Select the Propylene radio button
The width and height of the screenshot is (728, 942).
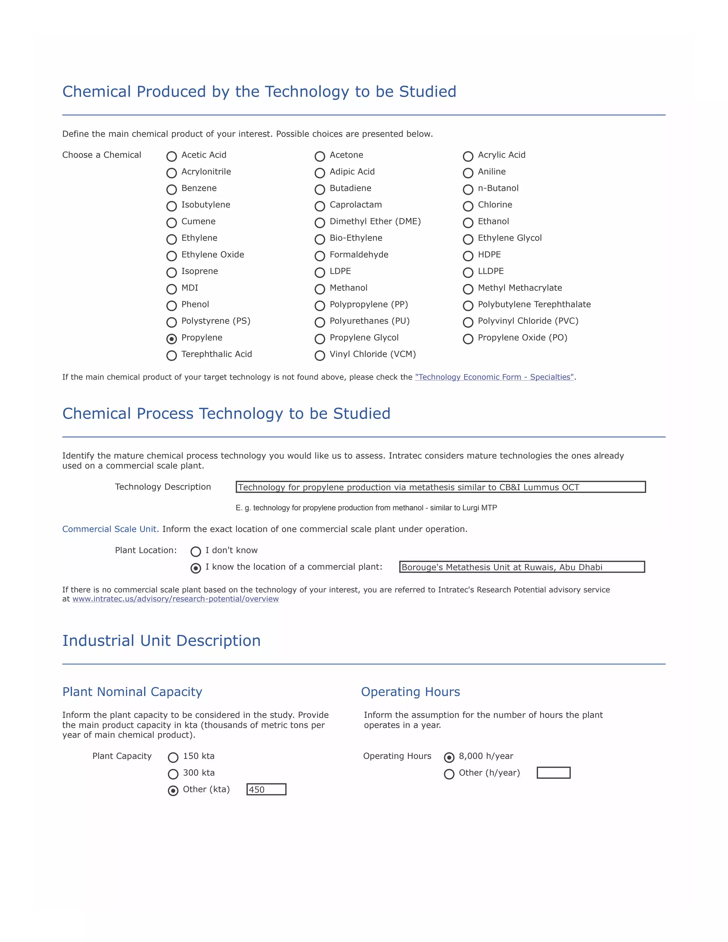(x=172, y=339)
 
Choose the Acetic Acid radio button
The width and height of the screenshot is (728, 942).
(x=172, y=156)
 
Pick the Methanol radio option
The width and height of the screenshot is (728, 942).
(x=320, y=289)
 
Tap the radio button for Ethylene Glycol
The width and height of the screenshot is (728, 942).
(x=468, y=239)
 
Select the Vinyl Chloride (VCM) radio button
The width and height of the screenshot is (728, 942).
(x=320, y=355)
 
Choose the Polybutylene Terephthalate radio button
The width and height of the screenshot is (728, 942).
(x=468, y=306)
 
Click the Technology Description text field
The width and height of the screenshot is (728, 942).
(x=440, y=487)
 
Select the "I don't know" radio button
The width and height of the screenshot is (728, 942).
(x=196, y=552)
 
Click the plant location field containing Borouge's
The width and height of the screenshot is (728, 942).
(x=522, y=567)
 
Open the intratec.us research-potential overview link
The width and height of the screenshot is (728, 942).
(x=176, y=599)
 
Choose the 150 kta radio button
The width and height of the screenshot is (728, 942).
(x=173, y=758)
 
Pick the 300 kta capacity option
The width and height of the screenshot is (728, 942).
(x=173, y=774)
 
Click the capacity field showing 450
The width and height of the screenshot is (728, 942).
(x=266, y=789)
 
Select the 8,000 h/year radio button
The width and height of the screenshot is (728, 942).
(x=449, y=758)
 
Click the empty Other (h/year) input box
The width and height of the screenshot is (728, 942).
(x=553, y=772)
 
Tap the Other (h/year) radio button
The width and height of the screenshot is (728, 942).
(x=449, y=774)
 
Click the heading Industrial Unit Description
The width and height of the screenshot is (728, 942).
(x=161, y=641)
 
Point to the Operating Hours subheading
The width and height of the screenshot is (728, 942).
(x=410, y=692)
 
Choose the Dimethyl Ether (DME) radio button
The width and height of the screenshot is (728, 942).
(x=320, y=223)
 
